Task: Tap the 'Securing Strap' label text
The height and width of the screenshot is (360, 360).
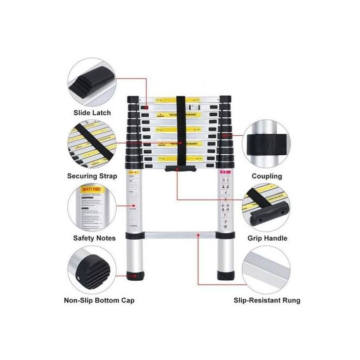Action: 93,176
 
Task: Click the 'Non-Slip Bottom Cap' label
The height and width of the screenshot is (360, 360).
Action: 99,300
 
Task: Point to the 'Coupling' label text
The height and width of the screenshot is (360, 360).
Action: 266,176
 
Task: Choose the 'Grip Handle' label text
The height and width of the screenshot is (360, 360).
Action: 267,238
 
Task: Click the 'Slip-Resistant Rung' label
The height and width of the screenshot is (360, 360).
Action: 267,300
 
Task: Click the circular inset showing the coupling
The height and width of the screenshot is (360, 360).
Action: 267,145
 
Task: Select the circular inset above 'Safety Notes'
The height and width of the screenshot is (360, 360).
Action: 93,208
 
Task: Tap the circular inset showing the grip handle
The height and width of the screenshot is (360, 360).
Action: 267,208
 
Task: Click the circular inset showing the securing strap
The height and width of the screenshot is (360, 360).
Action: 93,145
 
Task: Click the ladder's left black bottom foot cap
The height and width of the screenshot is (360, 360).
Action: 135,277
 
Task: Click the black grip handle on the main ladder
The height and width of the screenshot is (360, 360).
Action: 179,169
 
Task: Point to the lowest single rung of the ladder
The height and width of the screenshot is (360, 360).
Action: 179,236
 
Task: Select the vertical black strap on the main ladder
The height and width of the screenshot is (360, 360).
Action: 179,129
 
